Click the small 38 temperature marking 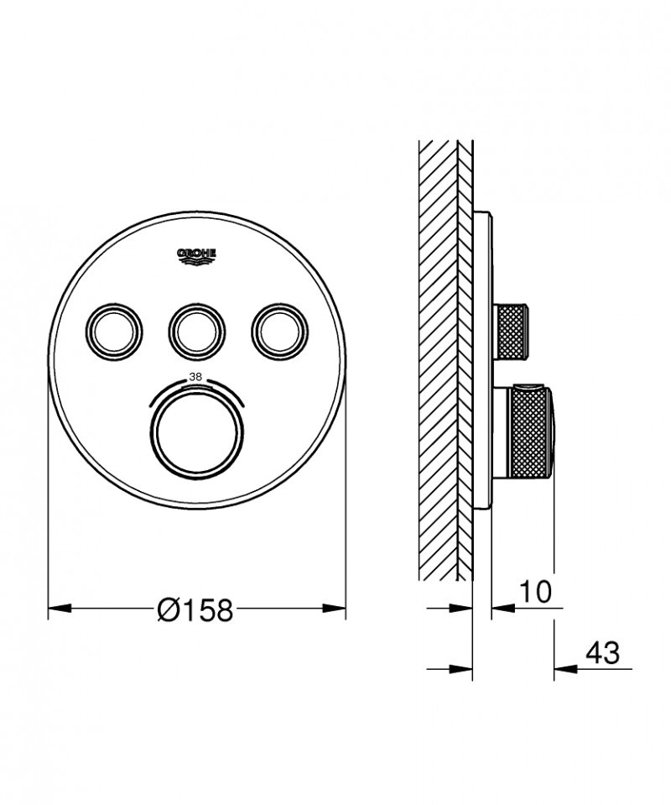tap(196, 377)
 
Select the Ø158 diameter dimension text tap(195, 610)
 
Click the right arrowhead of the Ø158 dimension tap(335, 607)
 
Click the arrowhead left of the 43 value tap(564, 669)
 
